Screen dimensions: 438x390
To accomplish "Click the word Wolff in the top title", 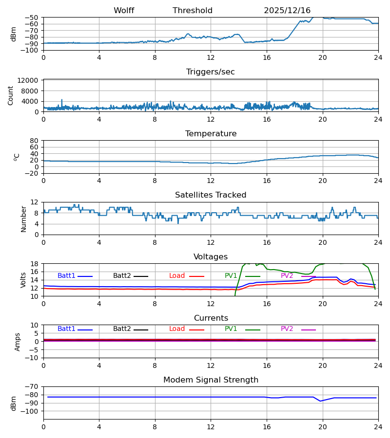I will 124,11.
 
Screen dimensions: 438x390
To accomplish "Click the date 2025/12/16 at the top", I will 287,11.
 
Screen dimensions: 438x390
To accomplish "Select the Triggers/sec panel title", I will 211,72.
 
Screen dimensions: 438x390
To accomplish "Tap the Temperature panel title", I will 211,134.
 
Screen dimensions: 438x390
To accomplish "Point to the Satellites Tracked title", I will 211,195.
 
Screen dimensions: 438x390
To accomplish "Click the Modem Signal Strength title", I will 211,380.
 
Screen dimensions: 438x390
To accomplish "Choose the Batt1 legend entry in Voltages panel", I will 66,276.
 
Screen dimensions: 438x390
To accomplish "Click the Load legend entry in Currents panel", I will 177,329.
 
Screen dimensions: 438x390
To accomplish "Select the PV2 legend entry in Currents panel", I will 287,329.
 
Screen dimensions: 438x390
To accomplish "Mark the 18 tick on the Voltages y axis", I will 35,264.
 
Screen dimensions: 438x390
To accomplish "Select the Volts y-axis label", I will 23,280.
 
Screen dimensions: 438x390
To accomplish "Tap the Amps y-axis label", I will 18,342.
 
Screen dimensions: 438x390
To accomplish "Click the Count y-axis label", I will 11,95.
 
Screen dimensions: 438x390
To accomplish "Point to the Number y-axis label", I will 23,219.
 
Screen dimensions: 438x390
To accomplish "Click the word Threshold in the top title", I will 193,11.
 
